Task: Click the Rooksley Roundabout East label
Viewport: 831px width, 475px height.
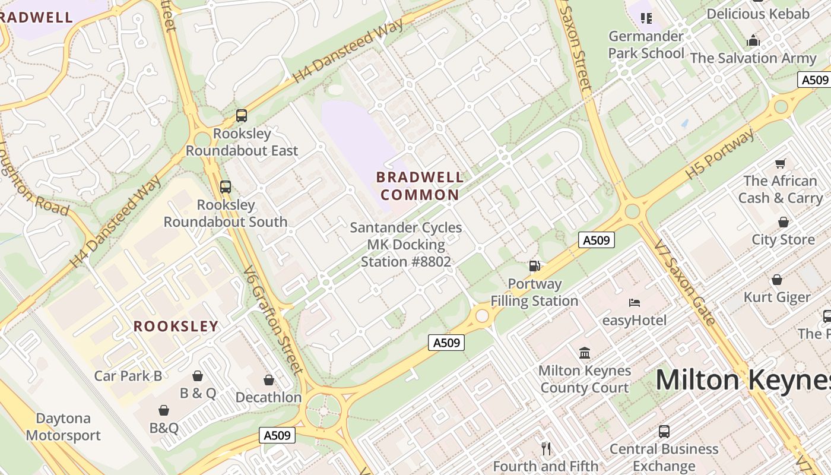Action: tap(242, 142)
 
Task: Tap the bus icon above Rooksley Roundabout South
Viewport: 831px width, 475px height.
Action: tap(226, 187)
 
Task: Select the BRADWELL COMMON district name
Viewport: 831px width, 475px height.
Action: tap(420, 186)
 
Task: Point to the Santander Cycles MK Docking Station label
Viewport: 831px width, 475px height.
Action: tap(406, 245)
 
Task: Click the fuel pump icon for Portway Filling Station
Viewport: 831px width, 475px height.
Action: tap(535, 266)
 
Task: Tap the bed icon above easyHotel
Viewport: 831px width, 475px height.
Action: tap(635, 303)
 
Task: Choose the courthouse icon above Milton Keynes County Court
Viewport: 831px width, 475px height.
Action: tap(585, 353)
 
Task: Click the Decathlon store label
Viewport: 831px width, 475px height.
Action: tap(268, 397)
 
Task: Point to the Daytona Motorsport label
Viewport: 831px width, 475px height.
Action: tap(63, 427)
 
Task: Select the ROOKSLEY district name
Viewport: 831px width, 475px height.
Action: tap(176, 326)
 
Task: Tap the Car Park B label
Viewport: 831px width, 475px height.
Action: tap(128, 376)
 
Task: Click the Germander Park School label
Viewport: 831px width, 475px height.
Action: tap(646, 45)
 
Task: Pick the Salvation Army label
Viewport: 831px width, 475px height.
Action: tap(753, 58)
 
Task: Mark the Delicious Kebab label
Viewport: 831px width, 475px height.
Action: tap(758, 14)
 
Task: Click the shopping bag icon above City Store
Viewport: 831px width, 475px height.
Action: tap(784, 223)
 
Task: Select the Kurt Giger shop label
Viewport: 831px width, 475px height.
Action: tap(777, 297)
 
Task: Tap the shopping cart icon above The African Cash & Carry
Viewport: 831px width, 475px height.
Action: tap(781, 163)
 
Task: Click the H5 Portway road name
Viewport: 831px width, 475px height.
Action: tap(720, 154)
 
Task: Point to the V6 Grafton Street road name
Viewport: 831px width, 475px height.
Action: tap(273, 321)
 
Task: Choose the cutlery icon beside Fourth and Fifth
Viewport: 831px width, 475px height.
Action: tap(546, 449)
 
